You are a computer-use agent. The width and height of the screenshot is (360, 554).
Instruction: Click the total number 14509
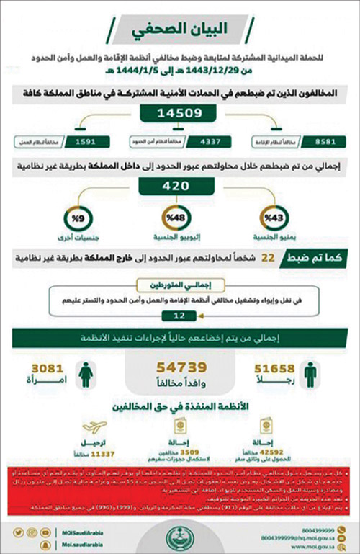pyautogui.click(x=179, y=115)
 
